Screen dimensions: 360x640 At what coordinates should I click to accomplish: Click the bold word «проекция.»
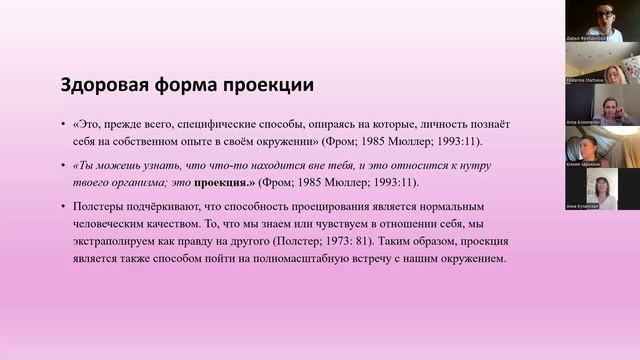[x=225, y=183]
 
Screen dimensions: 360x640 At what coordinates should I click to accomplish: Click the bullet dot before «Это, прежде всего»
[x=63, y=124]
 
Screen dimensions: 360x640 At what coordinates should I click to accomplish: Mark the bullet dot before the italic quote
[x=63, y=166]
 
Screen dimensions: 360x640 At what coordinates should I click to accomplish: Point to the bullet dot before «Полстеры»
[x=63, y=208]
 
